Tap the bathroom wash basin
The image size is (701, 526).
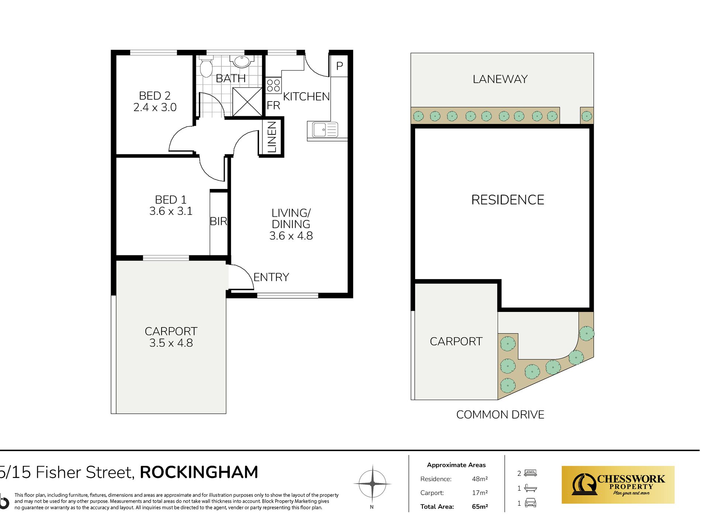[242, 61]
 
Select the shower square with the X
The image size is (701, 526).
[247, 102]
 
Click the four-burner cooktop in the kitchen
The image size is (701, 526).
[273, 85]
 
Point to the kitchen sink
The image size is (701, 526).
[322, 130]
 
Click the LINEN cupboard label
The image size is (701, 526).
[272, 137]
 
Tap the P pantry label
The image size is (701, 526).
[339, 66]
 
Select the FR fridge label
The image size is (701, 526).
[273, 106]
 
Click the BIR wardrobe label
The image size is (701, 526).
[218, 221]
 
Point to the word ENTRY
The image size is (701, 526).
[271, 277]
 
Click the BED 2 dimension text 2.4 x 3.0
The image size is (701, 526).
[155, 107]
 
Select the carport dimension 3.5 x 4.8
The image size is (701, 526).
[171, 343]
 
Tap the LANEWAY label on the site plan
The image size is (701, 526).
[500, 79]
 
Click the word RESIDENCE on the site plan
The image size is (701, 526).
[508, 200]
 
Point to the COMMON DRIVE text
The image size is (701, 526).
[500, 415]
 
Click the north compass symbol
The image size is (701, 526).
[372, 484]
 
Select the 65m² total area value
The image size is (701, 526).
[480, 506]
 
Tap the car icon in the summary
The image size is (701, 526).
[531, 503]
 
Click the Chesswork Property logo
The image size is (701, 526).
[618, 485]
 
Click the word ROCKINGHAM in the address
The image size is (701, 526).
[199, 472]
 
